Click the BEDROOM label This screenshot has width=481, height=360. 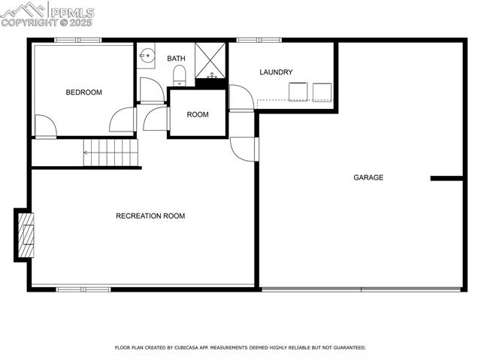click(83, 92)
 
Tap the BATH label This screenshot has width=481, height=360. click(176, 58)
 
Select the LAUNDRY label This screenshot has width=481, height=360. click(276, 72)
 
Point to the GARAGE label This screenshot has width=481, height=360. click(368, 178)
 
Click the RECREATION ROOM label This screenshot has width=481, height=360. click(150, 216)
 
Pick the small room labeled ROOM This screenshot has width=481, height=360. click(198, 114)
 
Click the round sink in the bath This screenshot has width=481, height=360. click(147, 55)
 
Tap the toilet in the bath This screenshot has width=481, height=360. click(179, 75)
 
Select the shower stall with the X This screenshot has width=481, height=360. click(210, 60)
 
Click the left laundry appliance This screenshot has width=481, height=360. click(298, 91)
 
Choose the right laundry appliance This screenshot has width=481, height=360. click(322, 91)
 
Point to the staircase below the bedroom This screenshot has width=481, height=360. click(110, 153)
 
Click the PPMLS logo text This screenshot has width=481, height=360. click(72, 13)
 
